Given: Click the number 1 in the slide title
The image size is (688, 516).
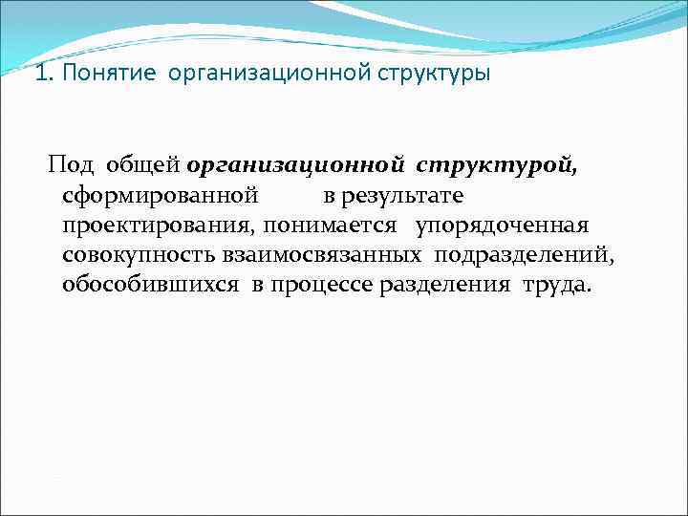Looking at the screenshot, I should pyautogui.click(x=38, y=75).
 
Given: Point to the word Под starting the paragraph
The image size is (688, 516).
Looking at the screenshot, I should pyautogui.click(x=72, y=165).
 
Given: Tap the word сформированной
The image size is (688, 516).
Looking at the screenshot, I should pyautogui.click(x=160, y=196).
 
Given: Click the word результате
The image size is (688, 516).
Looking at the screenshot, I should pyautogui.click(x=404, y=196).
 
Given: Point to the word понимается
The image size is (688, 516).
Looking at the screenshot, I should pyautogui.click(x=331, y=226).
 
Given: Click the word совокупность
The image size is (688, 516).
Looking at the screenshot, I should pyautogui.click(x=140, y=256).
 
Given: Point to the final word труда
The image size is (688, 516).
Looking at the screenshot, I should pyautogui.click(x=556, y=286).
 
